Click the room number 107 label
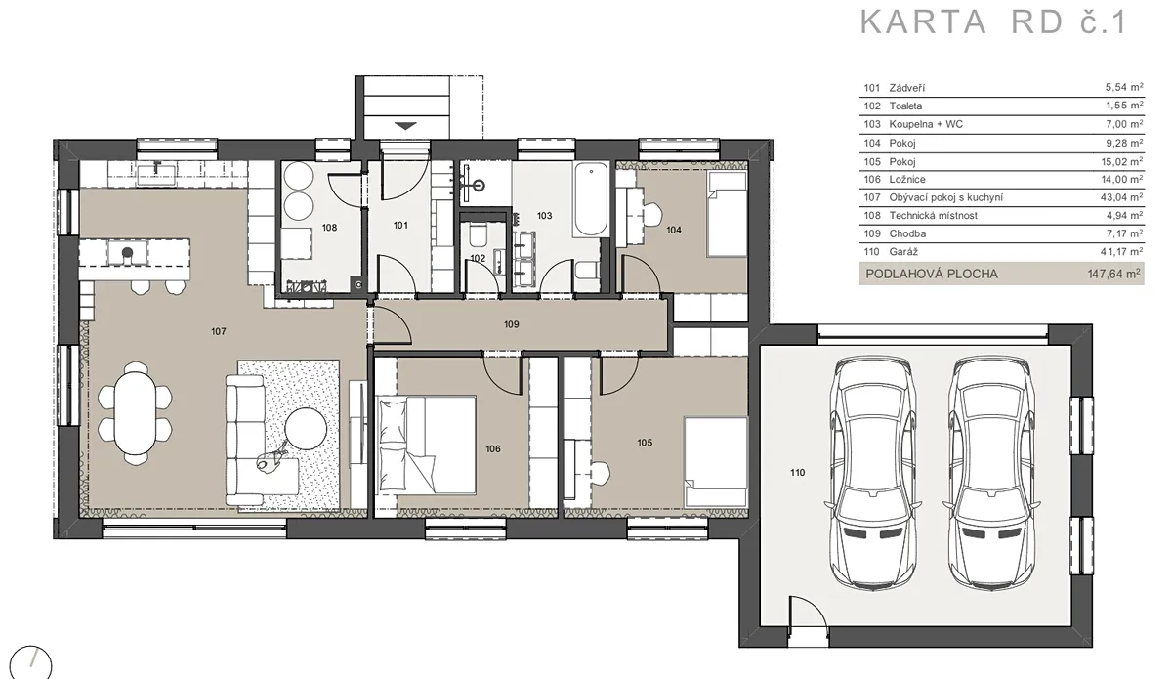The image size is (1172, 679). pos(219,331)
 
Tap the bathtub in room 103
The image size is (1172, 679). pos(591,199)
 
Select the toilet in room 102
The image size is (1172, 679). pos(478,235)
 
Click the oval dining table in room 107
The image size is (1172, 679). pos(135,412)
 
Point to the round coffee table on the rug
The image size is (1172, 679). pos(306,429)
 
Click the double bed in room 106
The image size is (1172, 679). pos(427,445)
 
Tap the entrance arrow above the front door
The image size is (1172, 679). pos(405,126)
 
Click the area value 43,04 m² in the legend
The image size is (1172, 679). pos(1121,197)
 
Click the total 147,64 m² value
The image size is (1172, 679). pos(1114,274)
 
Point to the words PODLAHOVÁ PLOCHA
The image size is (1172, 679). pos(932,274)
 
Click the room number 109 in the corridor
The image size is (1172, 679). pos(511,324)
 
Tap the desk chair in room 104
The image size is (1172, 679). pos(652,214)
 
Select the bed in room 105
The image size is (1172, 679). pos(716,462)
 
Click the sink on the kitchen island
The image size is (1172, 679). pos(127,253)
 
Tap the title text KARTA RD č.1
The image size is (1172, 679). pos(993,22)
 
